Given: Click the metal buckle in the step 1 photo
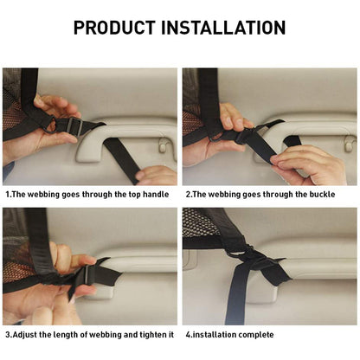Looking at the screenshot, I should (x=73, y=127).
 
